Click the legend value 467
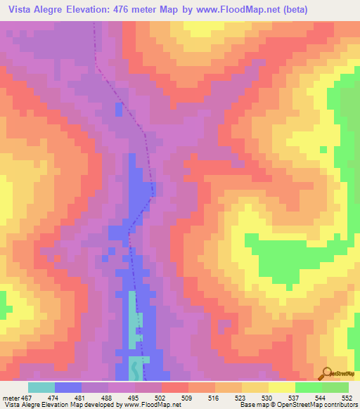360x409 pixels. (x=25, y=398)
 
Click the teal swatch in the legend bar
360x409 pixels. (x=41, y=387)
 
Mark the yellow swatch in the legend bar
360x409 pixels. (x=281, y=387)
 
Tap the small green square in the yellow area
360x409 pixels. (x=323, y=149)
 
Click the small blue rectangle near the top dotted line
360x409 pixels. (x=117, y=110)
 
